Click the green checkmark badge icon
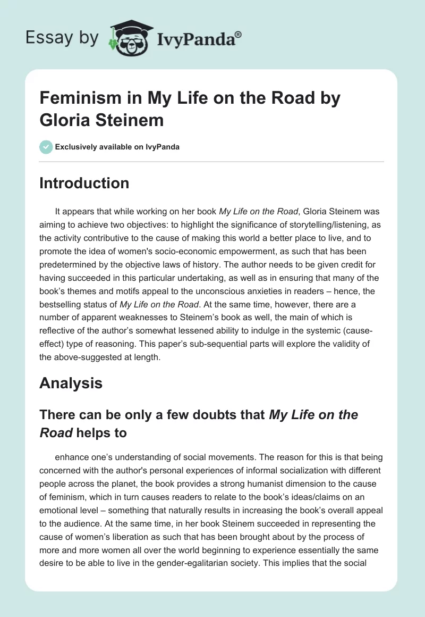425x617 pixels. click(x=46, y=147)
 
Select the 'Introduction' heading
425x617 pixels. click(x=84, y=183)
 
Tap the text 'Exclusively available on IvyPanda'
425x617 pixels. click(x=117, y=147)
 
